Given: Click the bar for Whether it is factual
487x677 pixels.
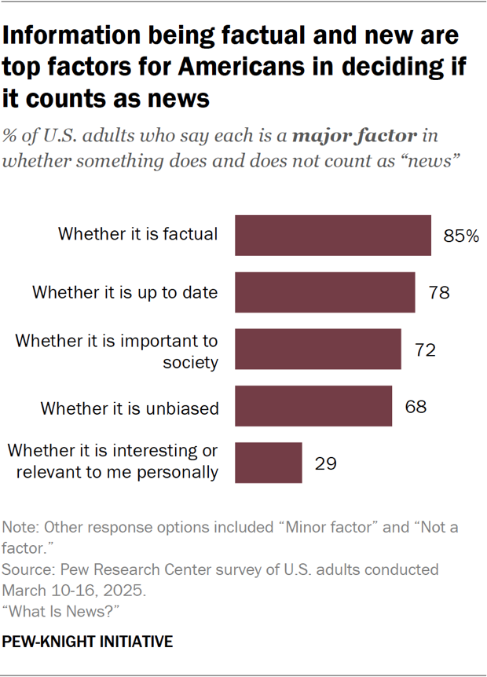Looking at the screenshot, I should pyautogui.click(x=333, y=235).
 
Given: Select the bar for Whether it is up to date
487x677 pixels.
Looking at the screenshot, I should pyautogui.click(x=325, y=292).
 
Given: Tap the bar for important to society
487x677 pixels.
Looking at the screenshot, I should pyautogui.click(x=318, y=349).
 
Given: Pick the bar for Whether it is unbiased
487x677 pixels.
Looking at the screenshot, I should pyautogui.click(x=313, y=406).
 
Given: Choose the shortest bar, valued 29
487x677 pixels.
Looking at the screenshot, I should pyautogui.click(x=269, y=463).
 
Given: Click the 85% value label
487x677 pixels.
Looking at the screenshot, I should pyautogui.click(x=461, y=236).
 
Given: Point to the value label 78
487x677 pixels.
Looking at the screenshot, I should pyautogui.click(x=438, y=293).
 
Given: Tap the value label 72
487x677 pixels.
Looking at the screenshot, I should pyautogui.click(x=425, y=349).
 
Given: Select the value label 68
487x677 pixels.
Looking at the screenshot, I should pyautogui.click(x=416, y=407).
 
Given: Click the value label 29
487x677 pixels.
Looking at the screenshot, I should pyautogui.click(x=325, y=463).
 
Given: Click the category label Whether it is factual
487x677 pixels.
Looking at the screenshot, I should pyautogui.click(x=137, y=234).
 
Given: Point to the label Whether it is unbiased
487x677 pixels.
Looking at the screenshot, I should pyautogui.click(x=129, y=408).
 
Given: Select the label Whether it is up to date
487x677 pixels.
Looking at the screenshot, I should pyautogui.click(x=124, y=292).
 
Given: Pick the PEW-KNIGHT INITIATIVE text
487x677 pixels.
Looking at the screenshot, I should pyautogui.click(x=88, y=642).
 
